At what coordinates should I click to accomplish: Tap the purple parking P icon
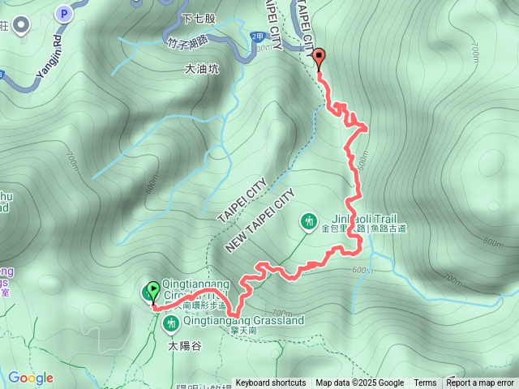[63, 13]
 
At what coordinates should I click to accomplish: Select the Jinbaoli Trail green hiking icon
[308, 220]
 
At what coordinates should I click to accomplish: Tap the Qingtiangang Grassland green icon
[170, 325]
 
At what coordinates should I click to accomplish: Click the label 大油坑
[202, 70]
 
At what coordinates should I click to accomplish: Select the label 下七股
[199, 18]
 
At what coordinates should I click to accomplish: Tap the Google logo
[31, 378]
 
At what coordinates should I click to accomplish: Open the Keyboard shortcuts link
[271, 383]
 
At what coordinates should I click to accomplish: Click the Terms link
[425, 383]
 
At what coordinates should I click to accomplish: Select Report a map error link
[480, 383]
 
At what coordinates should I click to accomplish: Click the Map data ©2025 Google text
[359, 383]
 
